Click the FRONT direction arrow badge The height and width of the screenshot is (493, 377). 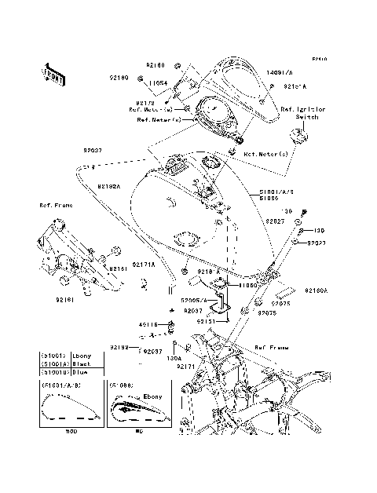click(x=54, y=72)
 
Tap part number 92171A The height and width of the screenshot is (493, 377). click(x=144, y=265)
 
